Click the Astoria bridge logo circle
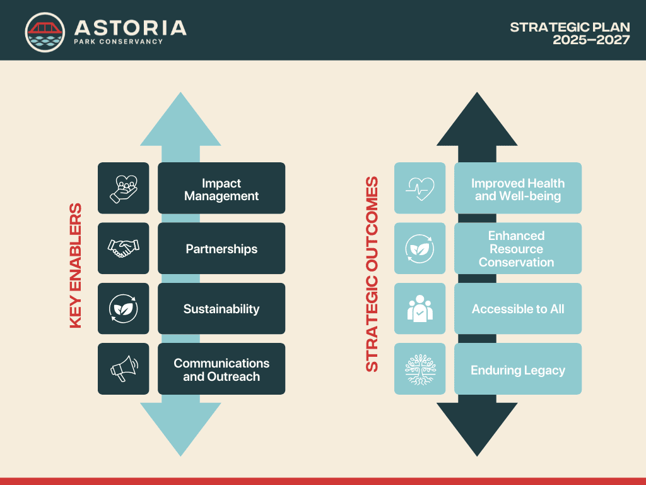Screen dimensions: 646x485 pyautogui.click(x=45, y=32)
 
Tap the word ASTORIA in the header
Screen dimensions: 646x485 pyautogui.click(x=130, y=28)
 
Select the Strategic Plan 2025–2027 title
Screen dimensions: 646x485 pyautogui.click(x=570, y=33)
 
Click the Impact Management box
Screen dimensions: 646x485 pyautogui.click(x=221, y=188)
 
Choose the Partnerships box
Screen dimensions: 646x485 pyautogui.click(x=221, y=248)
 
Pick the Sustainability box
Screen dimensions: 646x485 pyautogui.click(x=221, y=308)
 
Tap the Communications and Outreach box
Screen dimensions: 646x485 pyautogui.click(x=221, y=369)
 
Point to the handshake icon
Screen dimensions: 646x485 pyautogui.click(x=123, y=248)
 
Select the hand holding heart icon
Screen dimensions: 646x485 pyautogui.click(x=123, y=189)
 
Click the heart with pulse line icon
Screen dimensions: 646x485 pyautogui.click(x=420, y=188)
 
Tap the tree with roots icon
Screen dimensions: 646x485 pyautogui.click(x=420, y=369)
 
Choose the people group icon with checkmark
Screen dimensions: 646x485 pyautogui.click(x=420, y=308)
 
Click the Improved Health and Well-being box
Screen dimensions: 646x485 pyautogui.click(x=518, y=188)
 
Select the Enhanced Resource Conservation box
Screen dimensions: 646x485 pyautogui.click(x=518, y=248)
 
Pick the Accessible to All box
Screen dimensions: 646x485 pyautogui.click(x=518, y=308)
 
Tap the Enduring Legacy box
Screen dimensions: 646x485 pyautogui.click(x=518, y=369)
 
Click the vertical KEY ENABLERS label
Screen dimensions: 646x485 pyautogui.click(x=76, y=266)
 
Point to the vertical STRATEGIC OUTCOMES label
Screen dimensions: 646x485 pyautogui.click(x=372, y=274)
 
